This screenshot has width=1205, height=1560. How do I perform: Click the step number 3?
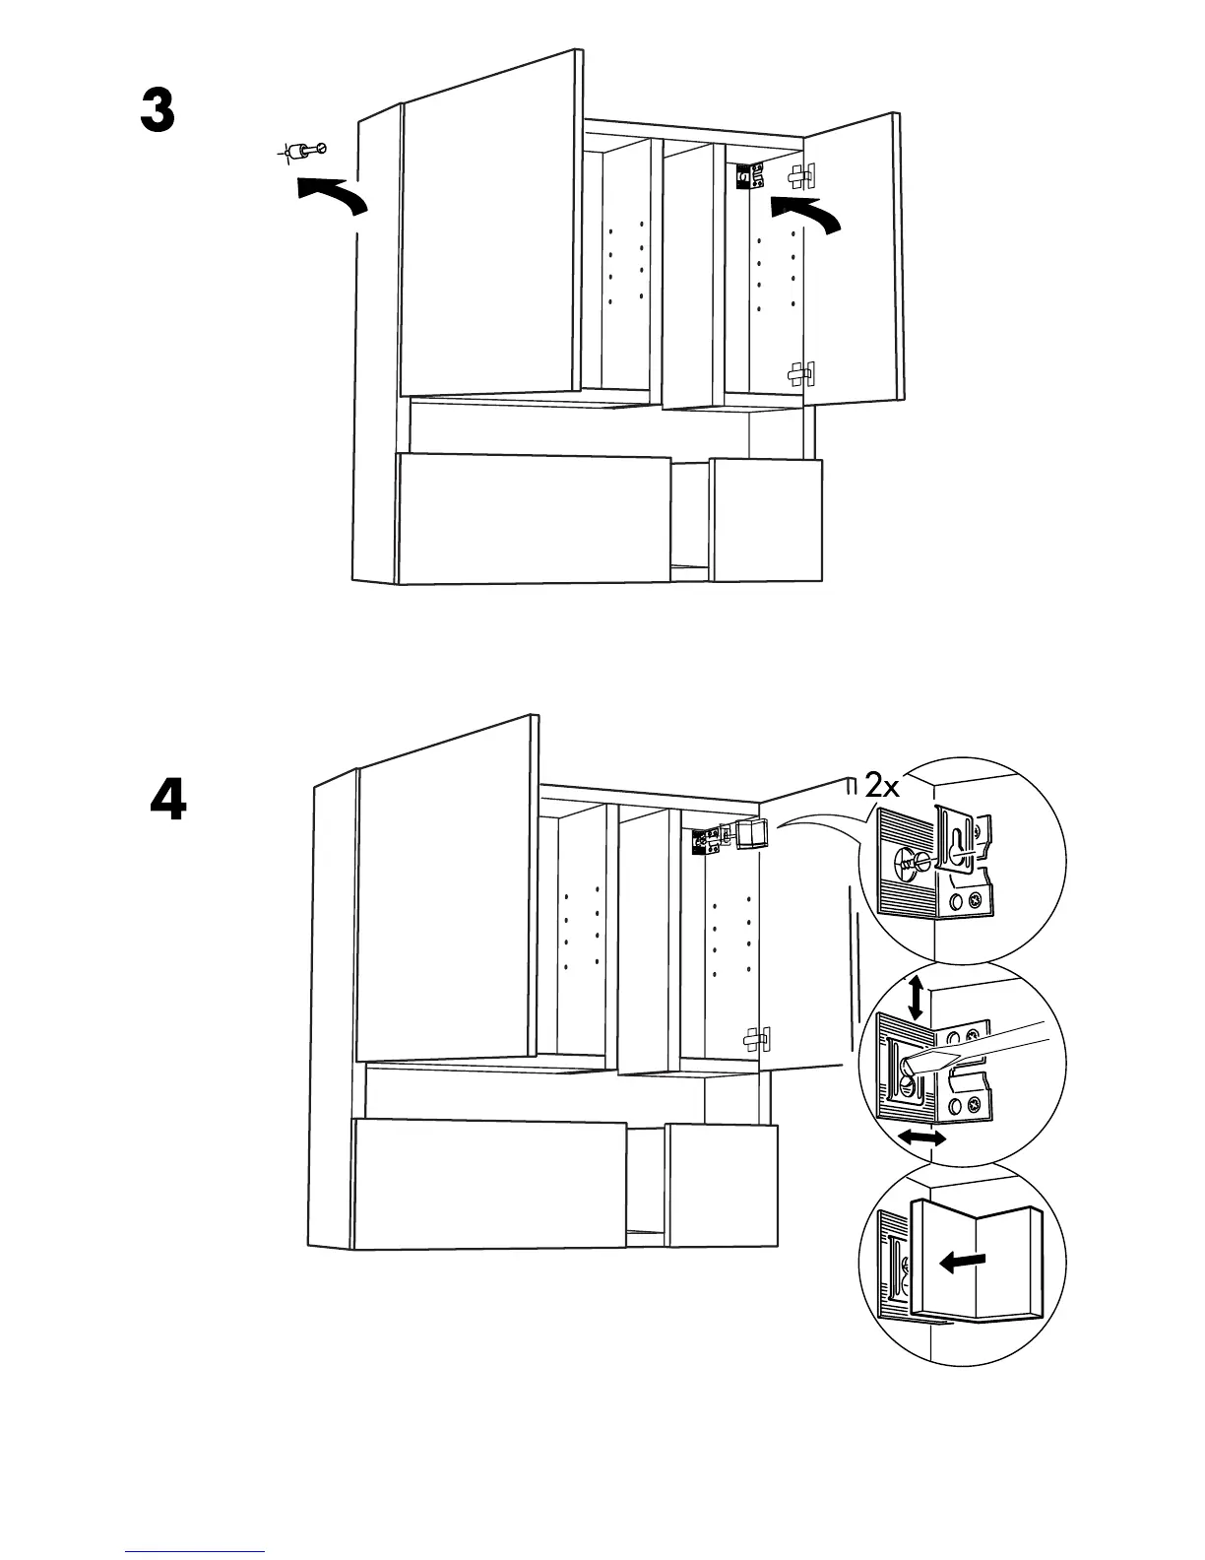[158, 111]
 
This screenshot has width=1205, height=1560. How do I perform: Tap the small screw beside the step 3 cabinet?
[302, 151]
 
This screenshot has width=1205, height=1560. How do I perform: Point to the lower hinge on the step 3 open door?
[800, 374]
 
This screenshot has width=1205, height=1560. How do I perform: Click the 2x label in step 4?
[882, 785]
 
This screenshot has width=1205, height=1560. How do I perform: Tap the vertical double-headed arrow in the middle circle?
[916, 997]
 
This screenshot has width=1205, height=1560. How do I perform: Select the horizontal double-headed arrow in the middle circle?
[922, 1138]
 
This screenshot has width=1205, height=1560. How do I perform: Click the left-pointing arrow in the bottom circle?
[962, 1261]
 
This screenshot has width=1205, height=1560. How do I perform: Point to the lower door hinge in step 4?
[756, 1037]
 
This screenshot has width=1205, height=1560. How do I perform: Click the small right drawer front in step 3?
[765, 519]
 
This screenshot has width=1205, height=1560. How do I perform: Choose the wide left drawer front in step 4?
[489, 1184]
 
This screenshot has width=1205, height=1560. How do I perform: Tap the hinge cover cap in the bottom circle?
[975, 1261]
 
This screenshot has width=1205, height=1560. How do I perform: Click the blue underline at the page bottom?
[195, 1551]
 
